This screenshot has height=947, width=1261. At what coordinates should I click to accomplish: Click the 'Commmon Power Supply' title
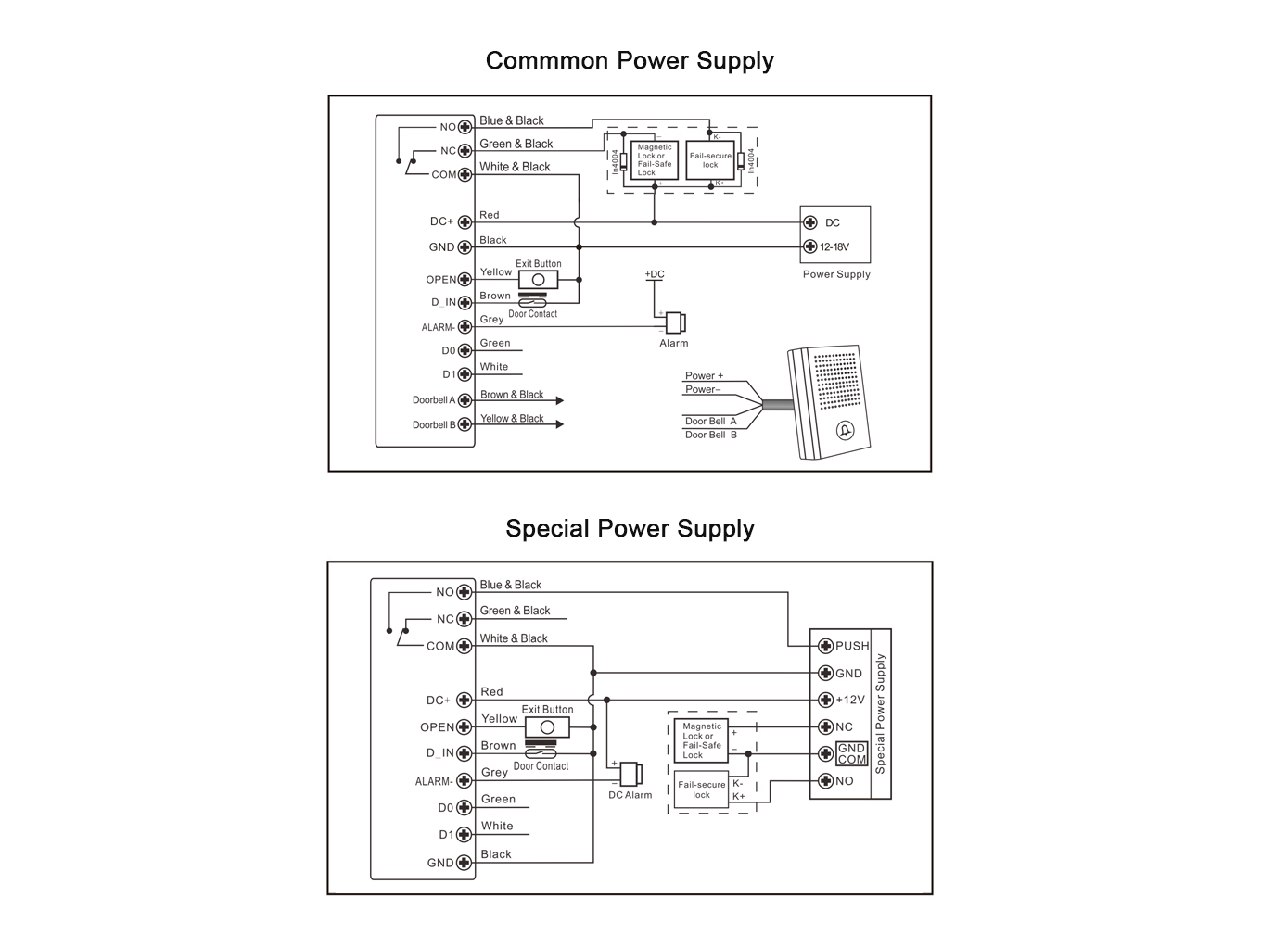(x=630, y=61)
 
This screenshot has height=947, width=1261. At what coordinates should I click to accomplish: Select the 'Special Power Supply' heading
(x=630, y=528)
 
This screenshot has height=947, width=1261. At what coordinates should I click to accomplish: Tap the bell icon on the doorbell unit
(x=845, y=431)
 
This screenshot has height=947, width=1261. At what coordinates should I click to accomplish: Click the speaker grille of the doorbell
(x=836, y=381)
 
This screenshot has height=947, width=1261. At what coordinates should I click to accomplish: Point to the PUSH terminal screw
(x=825, y=646)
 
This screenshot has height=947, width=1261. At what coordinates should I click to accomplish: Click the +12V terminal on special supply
(x=825, y=701)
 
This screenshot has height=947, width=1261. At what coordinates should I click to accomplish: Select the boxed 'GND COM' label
(x=851, y=753)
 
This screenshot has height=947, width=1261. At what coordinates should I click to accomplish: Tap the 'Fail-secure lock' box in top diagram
(x=710, y=160)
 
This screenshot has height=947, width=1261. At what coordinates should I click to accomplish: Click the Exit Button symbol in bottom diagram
(x=547, y=727)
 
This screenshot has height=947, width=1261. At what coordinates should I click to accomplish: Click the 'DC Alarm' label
(x=630, y=795)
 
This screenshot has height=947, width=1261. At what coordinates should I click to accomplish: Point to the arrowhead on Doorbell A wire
(x=560, y=400)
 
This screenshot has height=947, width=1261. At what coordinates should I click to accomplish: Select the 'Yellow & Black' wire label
(x=512, y=419)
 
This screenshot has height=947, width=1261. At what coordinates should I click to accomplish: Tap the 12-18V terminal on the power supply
(x=809, y=246)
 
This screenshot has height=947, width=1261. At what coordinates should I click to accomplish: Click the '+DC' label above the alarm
(x=655, y=274)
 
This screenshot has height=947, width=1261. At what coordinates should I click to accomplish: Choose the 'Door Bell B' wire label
(x=710, y=436)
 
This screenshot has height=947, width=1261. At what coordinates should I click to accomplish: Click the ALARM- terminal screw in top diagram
(x=465, y=327)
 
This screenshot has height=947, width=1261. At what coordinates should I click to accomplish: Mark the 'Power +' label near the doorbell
(x=704, y=376)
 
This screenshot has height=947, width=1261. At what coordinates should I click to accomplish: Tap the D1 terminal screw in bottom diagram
(x=464, y=835)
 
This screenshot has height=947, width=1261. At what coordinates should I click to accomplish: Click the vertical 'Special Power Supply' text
(x=880, y=713)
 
